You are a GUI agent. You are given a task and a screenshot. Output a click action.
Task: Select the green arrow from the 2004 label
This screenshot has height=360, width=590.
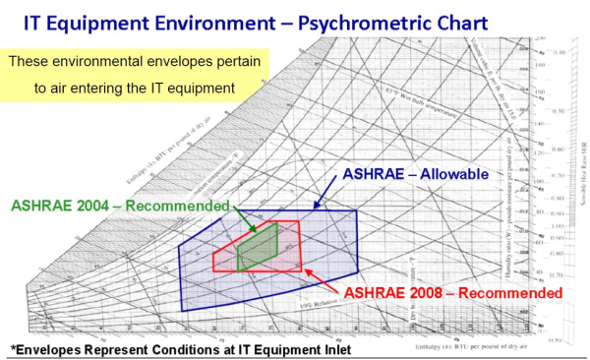pos(245,219)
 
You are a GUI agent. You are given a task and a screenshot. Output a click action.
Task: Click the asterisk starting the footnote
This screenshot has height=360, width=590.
pos(13,349)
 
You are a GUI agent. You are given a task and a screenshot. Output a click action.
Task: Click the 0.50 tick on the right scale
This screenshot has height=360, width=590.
pos(558,111)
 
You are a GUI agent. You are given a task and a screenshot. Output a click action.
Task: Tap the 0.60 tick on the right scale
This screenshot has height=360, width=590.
pos(558,150)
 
